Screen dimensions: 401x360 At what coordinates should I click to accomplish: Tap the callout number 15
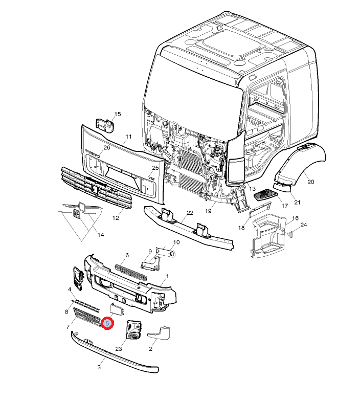click(117, 114)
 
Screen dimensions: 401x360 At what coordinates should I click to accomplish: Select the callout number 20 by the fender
click(310, 182)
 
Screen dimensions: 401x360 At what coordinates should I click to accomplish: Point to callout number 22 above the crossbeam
click(189, 213)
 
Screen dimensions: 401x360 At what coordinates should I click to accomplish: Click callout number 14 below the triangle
click(100, 235)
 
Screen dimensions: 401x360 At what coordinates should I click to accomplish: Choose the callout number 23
click(119, 348)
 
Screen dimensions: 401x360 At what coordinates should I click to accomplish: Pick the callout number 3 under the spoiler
click(99, 367)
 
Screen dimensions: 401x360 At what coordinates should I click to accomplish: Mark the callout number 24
click(303, 225)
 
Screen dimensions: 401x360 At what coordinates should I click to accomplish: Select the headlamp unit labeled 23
click(133, 329)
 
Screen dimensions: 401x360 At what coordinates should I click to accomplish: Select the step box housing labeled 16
click(267, 233)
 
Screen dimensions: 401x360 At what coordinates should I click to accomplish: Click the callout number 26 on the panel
click(106, 148)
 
